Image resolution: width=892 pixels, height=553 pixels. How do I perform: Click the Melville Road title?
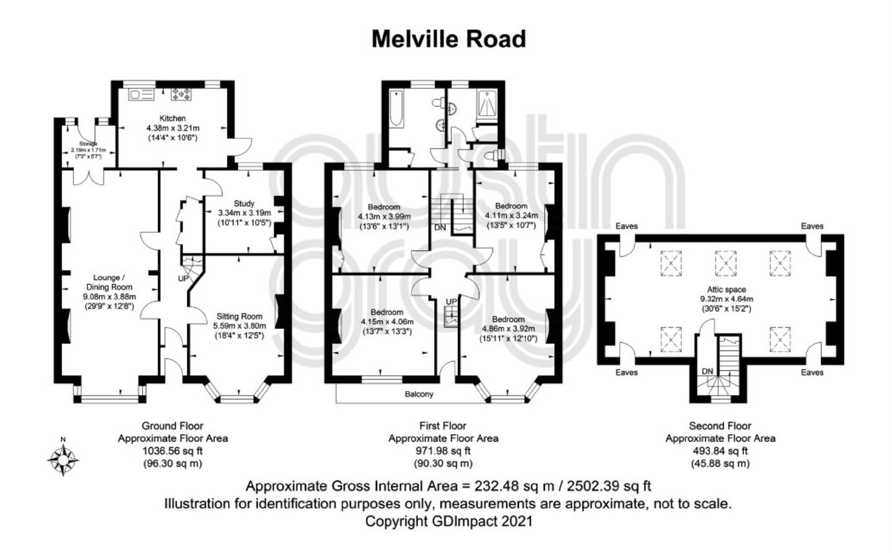click(x=448, y=39)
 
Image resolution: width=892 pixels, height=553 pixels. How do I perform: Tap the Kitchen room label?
click(x=173, y=118)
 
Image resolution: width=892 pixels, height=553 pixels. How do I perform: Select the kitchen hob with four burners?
click(x=181, y=94)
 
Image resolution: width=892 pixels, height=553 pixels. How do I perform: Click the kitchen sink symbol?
click(x=141, y=94)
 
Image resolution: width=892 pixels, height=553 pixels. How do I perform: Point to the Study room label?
click(x=244, y=203)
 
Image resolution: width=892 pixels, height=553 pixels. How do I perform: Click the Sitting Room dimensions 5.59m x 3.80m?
click(x=239, y=326)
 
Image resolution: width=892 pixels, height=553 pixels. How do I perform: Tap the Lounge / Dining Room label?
click(x=109, y=282)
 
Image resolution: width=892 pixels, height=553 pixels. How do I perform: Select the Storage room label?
click(x=88, y=144)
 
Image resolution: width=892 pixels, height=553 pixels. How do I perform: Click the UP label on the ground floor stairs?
click(x=183, y=279)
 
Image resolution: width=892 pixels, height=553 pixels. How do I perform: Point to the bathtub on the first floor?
click(x=397, y=108)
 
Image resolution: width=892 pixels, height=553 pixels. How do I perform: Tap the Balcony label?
click(x=419, y=394)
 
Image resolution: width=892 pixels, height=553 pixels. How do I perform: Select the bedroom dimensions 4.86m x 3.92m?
click(x=508, y=329)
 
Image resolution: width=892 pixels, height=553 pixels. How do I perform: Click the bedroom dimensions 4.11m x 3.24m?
click(x=511, y=216)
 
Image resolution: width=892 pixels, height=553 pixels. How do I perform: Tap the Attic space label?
click(x=727, y=289)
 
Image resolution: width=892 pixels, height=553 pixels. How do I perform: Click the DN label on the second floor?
click(x=708, y=371)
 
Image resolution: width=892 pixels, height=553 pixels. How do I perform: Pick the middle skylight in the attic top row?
click(x=725, y=263)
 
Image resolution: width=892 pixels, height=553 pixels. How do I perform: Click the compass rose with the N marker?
click(x=63, y=459)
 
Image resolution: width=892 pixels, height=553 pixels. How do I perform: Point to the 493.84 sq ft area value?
click(x=720, y=451)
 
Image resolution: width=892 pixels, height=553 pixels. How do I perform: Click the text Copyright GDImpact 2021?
click(x=448, y=521)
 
